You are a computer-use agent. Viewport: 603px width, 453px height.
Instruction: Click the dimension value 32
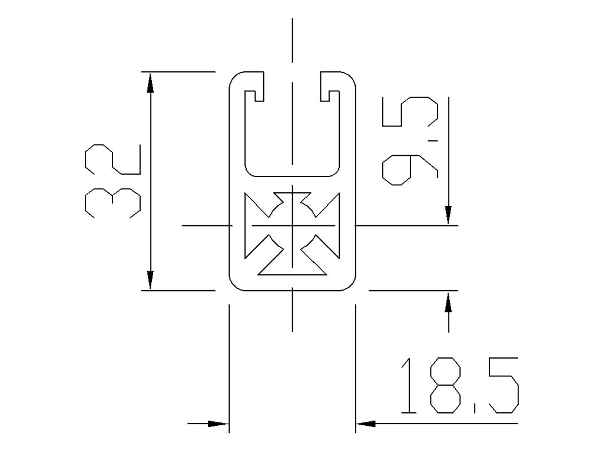112,181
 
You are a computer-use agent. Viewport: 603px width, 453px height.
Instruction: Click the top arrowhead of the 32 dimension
151,83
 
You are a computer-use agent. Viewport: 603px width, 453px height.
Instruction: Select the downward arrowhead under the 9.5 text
449,215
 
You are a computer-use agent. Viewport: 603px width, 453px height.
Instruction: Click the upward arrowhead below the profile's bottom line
449,302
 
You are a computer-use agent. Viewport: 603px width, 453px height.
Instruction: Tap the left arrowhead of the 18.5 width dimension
218,424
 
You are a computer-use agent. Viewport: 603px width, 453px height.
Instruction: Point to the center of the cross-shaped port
292,225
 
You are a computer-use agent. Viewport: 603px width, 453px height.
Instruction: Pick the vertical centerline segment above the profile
292,40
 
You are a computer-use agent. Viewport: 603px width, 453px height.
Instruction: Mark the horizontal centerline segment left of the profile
205,225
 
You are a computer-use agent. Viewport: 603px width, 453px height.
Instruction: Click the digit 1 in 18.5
406,386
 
